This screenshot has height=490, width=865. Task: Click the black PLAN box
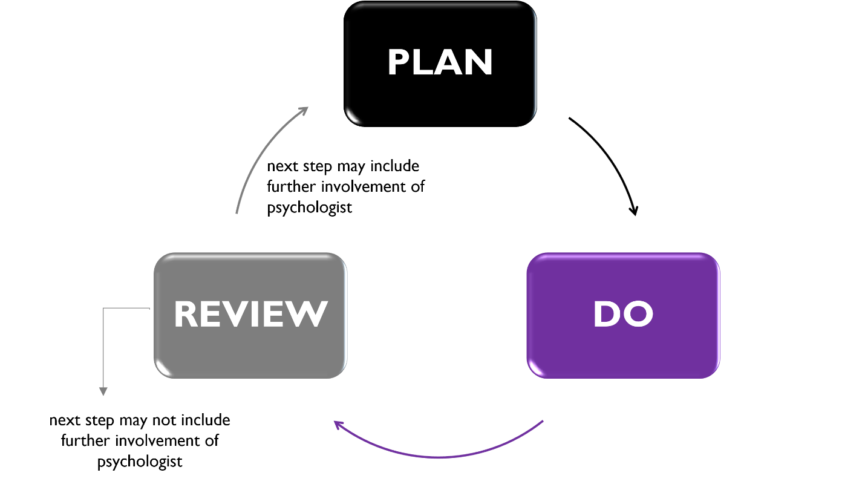(x=440, y=64)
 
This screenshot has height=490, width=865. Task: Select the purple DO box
(x=623, y=315)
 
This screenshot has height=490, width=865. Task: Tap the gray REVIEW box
(x=250, y=315)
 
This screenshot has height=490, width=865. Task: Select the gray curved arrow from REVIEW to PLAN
(x=263, y=151)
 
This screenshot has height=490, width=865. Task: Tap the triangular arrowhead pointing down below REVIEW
(x=103, y=391)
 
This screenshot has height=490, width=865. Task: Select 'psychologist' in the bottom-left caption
(x=140, y=462)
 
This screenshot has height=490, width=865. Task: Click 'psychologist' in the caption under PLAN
(x=309, y=207)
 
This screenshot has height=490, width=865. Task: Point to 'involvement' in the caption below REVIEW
(x=157, y=440)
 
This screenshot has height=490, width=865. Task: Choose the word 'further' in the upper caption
(x=291, y=186)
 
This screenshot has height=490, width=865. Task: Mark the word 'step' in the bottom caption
(x=100, y=421)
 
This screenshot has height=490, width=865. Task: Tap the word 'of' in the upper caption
(x=418, y=186)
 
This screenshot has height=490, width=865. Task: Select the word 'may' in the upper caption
(x=351, y=168)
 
